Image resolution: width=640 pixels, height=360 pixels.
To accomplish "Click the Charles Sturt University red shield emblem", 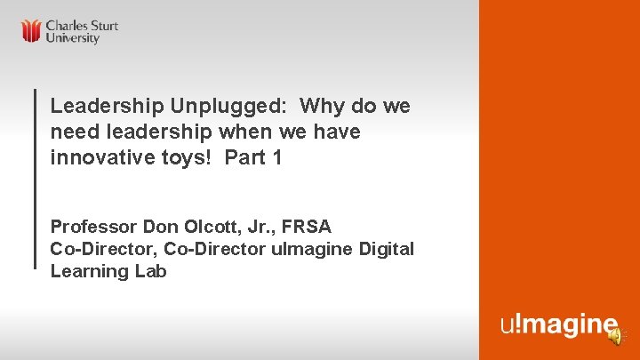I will pos(32,31).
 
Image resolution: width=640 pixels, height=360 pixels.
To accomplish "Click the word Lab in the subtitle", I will pos(150,272).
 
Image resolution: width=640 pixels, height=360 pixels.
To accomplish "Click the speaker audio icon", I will pos(614,335).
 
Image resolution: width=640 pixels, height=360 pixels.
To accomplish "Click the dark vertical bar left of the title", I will pos(35,178).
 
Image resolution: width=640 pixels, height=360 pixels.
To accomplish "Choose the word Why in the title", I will pos(324,107).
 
